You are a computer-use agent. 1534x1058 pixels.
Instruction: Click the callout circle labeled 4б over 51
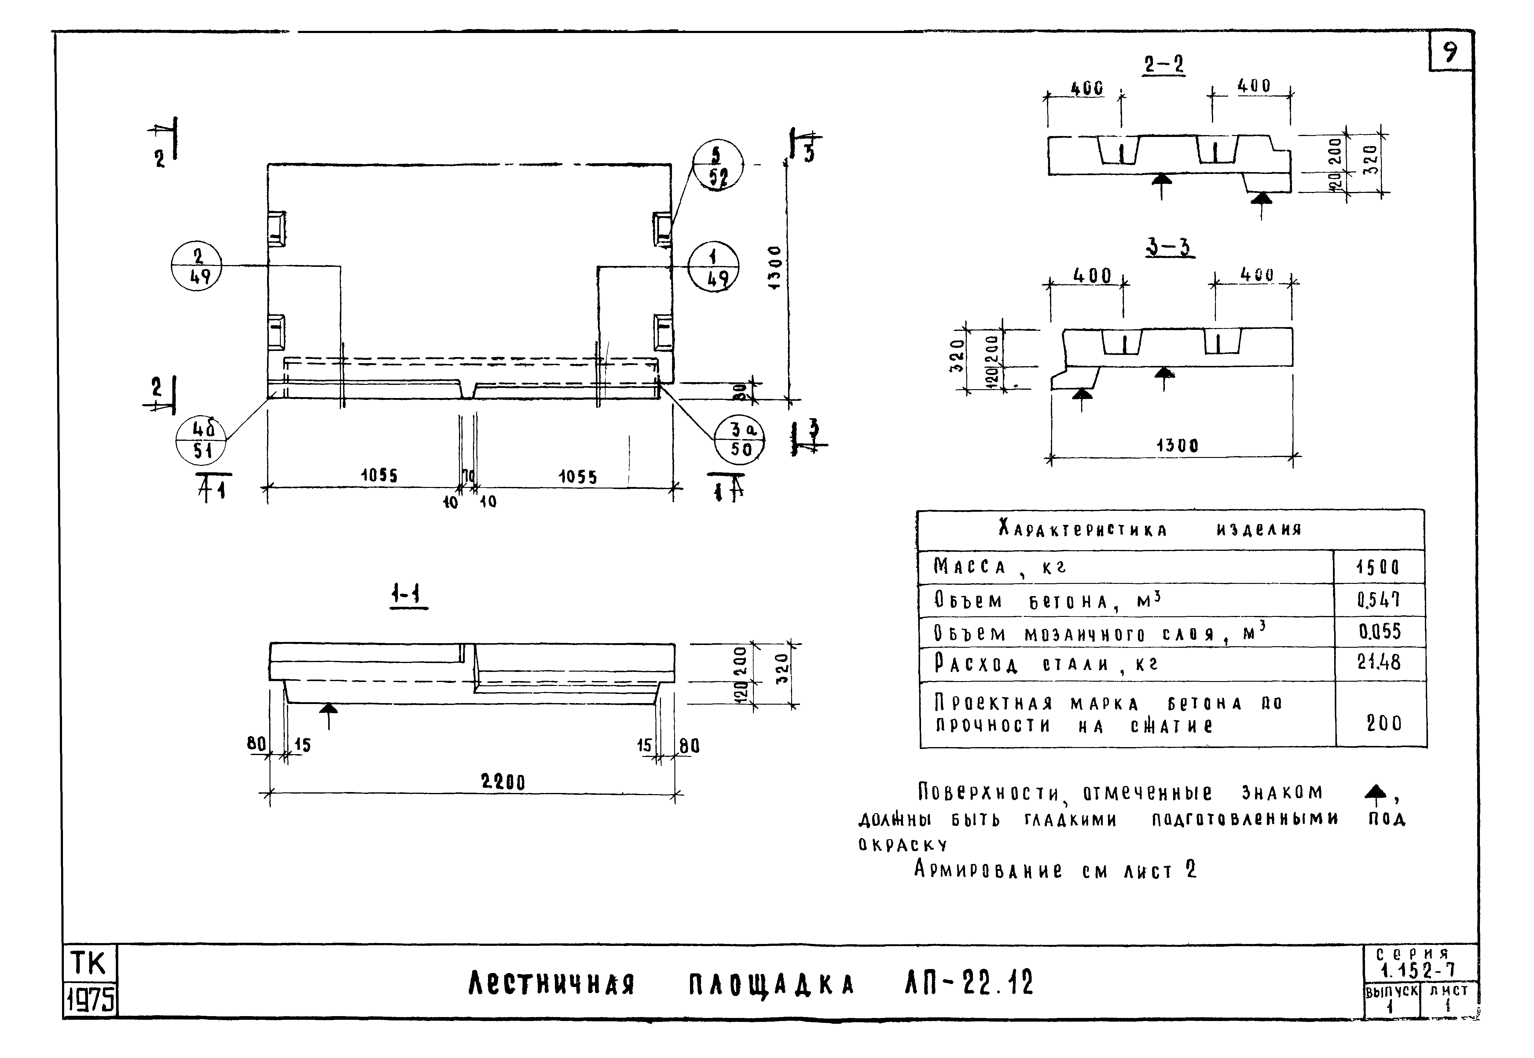coord(201,441)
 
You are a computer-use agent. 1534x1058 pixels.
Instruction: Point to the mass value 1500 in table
coord(1378,567)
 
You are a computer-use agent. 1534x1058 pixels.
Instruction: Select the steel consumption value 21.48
coord(1378,662)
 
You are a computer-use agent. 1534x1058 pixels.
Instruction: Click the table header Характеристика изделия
coord(1150,529)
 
